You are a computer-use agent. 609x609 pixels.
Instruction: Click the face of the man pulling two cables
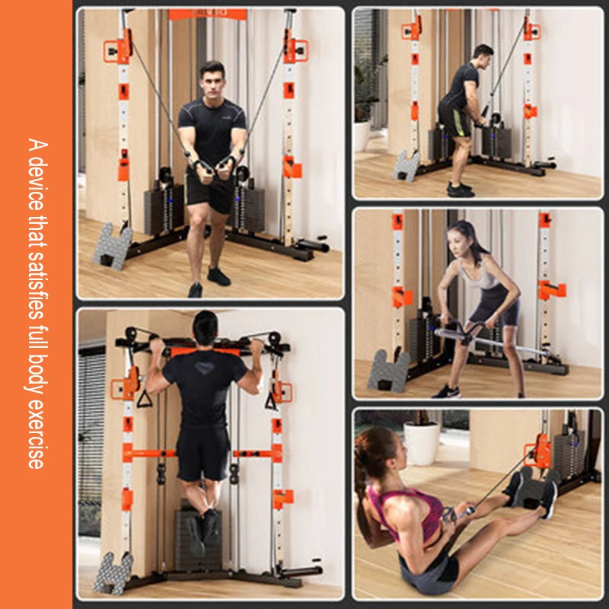tap(212, 82)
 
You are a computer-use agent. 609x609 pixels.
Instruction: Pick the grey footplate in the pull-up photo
tap(113, 572)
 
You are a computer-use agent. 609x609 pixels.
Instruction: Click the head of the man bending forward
tap(483, 56)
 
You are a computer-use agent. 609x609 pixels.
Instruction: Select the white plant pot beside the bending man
tap(362, 135)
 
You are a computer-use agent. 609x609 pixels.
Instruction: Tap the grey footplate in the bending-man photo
tap(407, 165)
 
